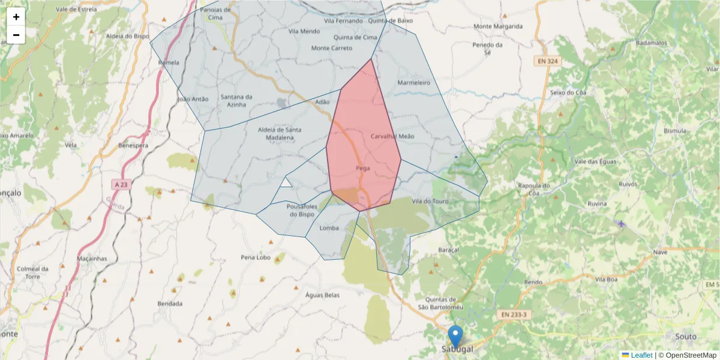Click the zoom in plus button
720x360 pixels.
click(16, 17)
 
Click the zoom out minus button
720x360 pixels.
click(16, 35)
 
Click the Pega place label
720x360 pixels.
click(362, 168)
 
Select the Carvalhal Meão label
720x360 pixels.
click(392, 137)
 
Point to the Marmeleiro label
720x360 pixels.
click(414, 83)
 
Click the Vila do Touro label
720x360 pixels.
click(430, 201)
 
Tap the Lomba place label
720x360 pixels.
click(329, 228)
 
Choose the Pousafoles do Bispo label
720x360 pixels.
click(302, 210)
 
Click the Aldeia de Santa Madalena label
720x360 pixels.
click(279, 133)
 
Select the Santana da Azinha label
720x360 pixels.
click(236, 100)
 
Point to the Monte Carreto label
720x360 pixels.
click(332, 48)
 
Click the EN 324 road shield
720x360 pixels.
click(546, 61)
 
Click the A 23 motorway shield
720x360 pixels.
click(122, 184)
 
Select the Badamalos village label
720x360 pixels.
click(652, 43)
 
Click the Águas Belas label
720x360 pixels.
click(322, 295)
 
